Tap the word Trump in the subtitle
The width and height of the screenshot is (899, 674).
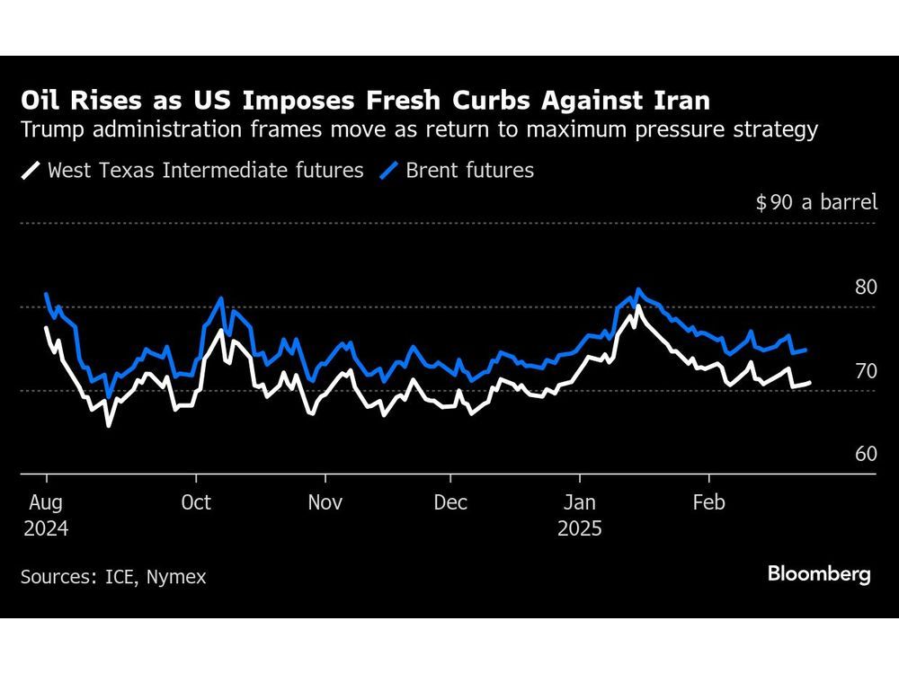tap(52, 129)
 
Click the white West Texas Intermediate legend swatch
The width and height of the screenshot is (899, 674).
tap(31, 170)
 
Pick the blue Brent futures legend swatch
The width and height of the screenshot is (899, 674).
tap(389, 170)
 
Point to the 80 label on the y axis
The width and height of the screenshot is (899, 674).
tap(866, 288)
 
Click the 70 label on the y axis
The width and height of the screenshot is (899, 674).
tap(866, 370)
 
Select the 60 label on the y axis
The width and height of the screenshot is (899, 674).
tap(866, 454)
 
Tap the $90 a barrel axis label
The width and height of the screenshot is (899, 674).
tap(816, 202)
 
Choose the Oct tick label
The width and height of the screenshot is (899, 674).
tap(196, 501)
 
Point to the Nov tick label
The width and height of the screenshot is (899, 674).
tap(325, 501)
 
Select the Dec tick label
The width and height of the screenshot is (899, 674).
tap(450, 501)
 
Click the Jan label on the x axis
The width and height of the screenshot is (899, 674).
tap(579, 501)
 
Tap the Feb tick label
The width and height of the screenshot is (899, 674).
tap(709, 501)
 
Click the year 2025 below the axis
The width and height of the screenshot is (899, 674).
tap(579, 528)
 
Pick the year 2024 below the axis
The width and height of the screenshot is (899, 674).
tap(45, 528)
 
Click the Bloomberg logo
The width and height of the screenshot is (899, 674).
tap(819, 574)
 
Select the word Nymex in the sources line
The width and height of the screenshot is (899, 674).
tap(178, 577)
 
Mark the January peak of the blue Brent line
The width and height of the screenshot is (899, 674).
tap(638, 290)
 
